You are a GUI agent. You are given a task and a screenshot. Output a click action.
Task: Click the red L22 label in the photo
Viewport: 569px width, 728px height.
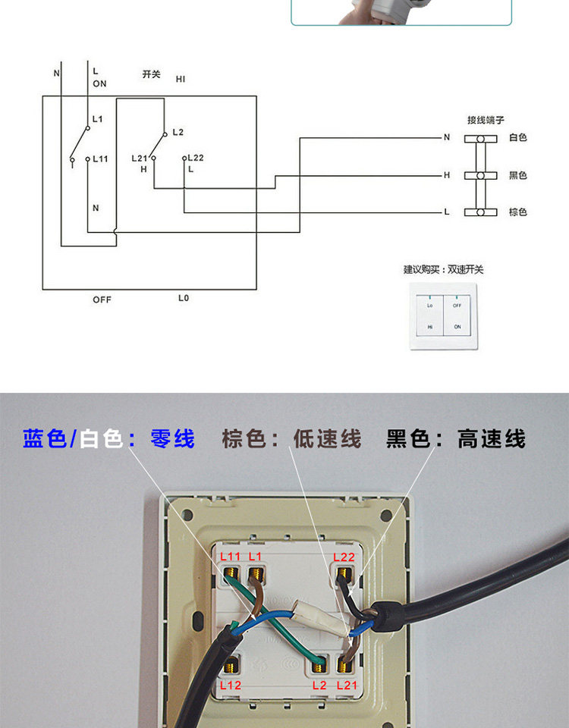pos(344,557)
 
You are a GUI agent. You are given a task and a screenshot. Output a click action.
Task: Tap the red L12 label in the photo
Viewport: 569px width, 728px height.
pos(230,685)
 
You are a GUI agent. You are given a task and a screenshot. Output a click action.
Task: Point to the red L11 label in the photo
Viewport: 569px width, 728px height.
pos(230,557)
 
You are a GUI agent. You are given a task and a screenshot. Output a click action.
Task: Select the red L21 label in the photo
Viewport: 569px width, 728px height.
pos(347,685)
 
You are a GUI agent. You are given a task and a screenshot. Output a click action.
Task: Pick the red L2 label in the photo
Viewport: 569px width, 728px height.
pos(319,685)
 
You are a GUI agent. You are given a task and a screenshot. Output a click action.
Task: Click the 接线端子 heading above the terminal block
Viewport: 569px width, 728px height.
pos(486,120)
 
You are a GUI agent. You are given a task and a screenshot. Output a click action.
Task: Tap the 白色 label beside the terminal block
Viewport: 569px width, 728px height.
pos(518,137)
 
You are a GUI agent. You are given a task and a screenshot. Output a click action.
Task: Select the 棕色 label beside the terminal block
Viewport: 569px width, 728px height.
pos(518,212)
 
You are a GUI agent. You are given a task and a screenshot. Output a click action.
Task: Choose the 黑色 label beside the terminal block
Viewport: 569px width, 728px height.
pos(518,175)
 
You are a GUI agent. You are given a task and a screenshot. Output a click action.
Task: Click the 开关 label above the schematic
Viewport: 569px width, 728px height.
pos(152,74)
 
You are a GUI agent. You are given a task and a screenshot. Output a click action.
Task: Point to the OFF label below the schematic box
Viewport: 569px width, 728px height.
pos(102,300)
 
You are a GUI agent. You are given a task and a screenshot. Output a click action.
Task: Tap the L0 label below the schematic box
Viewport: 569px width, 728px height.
pos(184,298)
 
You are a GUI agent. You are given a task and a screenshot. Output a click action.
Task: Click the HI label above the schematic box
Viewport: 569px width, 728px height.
pos(181,79)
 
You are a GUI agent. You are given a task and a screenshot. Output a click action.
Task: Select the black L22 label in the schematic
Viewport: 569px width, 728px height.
pos(196,157)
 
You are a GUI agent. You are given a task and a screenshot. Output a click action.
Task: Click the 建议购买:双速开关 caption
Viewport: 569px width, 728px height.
pos(443,269)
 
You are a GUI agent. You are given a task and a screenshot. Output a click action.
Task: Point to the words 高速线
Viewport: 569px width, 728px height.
pos(491,439)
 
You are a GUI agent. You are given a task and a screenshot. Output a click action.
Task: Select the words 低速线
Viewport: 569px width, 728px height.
pos(327,439)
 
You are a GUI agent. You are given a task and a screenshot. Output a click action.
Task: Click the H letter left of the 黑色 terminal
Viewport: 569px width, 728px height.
pos(447,175)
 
